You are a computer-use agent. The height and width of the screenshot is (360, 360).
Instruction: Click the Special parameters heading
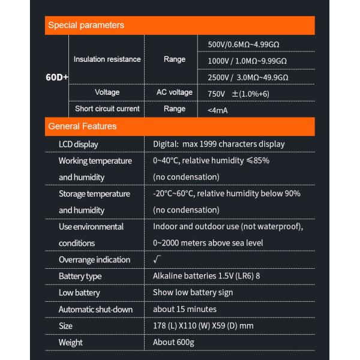[86, 25]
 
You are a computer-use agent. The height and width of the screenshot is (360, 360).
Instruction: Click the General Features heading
[82, 127]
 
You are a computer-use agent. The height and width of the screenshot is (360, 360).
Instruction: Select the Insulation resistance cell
[107, 59]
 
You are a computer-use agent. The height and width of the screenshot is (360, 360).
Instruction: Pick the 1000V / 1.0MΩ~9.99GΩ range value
[247, 61]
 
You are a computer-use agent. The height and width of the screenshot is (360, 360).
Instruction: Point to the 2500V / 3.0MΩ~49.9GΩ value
[248, 77]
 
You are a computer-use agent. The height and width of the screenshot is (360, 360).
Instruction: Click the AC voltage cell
[175, 92]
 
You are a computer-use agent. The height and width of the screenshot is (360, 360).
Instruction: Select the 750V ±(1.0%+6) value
[238, 94]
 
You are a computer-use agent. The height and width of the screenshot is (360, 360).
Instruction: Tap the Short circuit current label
[107, 109]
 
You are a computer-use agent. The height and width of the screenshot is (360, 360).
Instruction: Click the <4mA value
[217, 110]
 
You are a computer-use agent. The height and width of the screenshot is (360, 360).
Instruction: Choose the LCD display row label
[78, 144]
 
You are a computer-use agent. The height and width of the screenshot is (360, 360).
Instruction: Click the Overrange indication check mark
[158, 260]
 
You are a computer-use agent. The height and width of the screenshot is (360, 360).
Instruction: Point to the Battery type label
[80, 276]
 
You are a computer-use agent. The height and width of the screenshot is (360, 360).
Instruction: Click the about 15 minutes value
[185, 309]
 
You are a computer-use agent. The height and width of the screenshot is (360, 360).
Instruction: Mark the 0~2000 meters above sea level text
[208, 243]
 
